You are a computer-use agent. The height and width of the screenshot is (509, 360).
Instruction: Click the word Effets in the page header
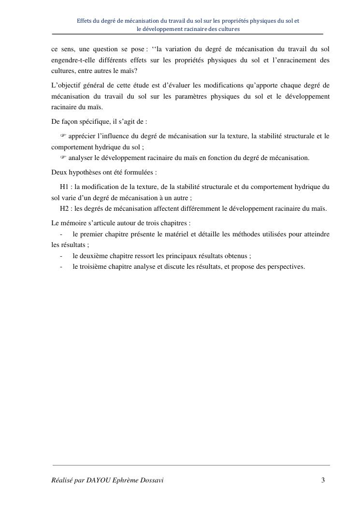pos(85,21)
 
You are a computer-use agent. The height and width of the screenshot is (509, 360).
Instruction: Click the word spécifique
pos(97,122)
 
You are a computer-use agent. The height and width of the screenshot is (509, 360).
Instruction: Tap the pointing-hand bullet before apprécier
pos(63,136)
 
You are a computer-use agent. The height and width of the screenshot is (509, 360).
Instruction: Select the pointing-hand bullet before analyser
pos(63,158)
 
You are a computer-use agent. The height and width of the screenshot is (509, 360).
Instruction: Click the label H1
pos(64,187)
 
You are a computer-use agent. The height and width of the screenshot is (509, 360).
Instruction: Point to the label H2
pos(64,208)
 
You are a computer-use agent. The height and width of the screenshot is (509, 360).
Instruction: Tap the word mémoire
pos(72,223)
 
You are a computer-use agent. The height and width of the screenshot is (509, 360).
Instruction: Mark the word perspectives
pos(285,266)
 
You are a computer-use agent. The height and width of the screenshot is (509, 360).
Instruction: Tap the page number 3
pos(323,480)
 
